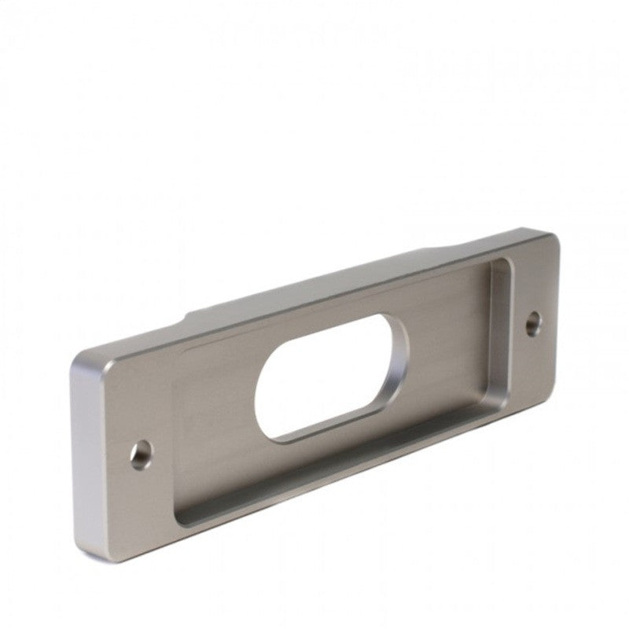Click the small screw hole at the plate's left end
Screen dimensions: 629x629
142,454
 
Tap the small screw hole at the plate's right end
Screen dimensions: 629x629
534,321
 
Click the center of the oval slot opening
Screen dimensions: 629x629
330,379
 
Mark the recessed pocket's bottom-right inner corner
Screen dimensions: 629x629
503,401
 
